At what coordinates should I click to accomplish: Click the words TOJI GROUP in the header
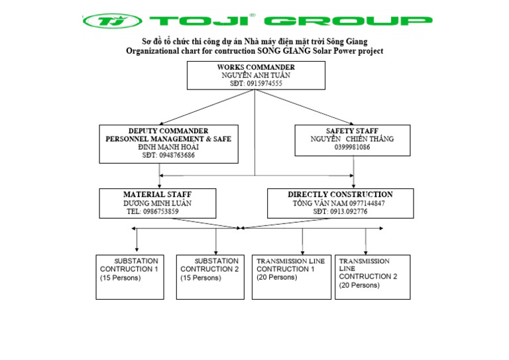[x=288, y=21]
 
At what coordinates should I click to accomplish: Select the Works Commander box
[x=256, y=76]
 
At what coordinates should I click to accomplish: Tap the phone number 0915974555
[x=256, y=84]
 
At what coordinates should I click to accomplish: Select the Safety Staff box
[x=352, y=140]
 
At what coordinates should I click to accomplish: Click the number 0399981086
[x=352, y=147]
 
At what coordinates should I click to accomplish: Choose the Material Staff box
[x=157, y=203]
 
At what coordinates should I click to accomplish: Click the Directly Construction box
[x=340, y=203]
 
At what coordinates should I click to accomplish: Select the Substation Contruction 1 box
[x=129, y=276]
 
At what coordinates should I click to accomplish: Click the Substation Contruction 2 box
[x=209, y=276]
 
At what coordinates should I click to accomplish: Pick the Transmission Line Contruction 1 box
[x=291, y=276]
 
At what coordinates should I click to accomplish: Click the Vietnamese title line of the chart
[x=254, y=42]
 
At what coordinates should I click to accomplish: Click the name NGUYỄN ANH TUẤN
[x=256, y=76]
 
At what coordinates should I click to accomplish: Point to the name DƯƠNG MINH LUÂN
[x=157, y=203]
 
